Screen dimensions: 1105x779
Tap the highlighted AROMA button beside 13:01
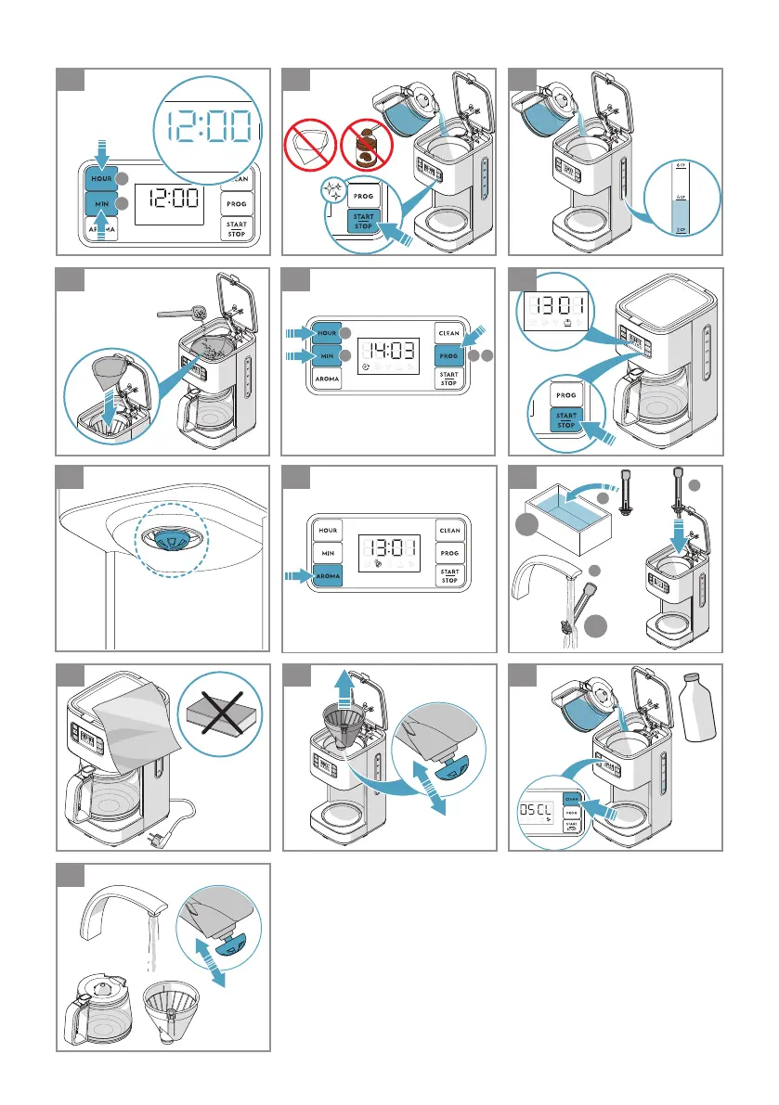pos(328,577)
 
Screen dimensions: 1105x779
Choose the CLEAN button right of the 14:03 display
pos(449,333)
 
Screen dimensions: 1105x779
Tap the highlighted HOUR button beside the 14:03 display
pos(328,332)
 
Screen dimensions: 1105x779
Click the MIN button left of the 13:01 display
pos(328,553)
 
